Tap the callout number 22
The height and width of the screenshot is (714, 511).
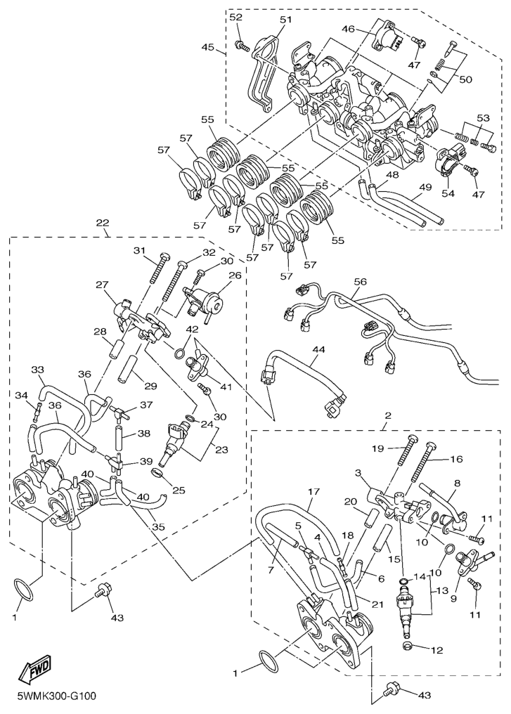(103, 223)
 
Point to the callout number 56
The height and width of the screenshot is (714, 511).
(360, 282)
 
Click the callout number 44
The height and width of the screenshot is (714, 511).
(319, 349)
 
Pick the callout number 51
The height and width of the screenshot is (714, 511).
(285, 20)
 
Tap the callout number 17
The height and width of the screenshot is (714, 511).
(313, 491)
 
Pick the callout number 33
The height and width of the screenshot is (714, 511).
(37, 369)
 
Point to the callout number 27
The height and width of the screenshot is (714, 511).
(102, 285)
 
